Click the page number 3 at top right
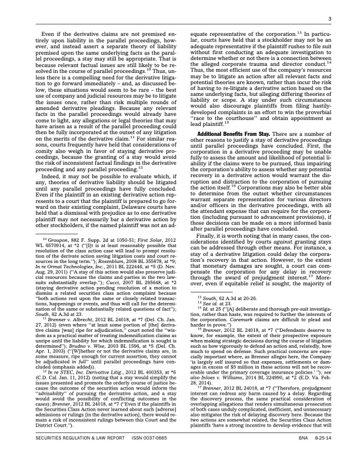coord(331,19)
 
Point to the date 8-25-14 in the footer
coord(322,454)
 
